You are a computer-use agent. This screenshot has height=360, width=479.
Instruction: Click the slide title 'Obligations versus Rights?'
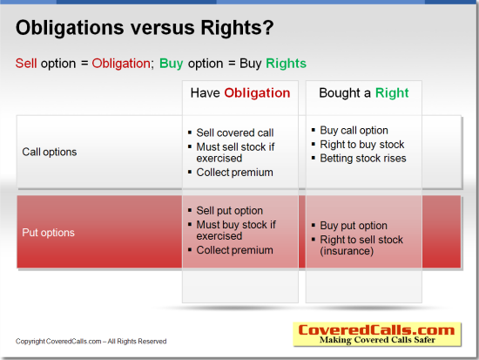(145, 28)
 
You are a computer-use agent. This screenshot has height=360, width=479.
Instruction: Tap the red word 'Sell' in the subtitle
(26, 64)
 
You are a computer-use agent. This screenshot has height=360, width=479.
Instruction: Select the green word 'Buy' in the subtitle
(171, 65)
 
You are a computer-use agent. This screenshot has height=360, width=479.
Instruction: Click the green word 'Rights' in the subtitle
(286, 65)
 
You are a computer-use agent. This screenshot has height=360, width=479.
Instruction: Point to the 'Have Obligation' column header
(240, 93)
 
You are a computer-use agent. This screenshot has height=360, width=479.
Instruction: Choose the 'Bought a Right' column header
(364, 93)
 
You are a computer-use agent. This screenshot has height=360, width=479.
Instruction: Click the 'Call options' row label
(50, 152)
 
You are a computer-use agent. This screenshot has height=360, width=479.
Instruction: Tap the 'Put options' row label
(48, 233)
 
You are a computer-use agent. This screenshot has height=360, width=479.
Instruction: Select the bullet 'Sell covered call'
(235, 132)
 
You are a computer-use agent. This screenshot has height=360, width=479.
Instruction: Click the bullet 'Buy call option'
(354, 131)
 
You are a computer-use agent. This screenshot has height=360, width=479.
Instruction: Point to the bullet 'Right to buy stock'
(362, 145)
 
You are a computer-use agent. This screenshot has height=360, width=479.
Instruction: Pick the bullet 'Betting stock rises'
(363, 158)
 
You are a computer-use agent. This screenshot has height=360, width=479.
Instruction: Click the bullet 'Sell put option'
(229, 211)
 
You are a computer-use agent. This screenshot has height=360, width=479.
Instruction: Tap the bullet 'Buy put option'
(354, 226)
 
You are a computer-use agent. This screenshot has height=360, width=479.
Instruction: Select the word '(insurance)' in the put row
(347, 251)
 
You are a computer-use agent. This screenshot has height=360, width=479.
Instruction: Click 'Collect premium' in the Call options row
(234, 173)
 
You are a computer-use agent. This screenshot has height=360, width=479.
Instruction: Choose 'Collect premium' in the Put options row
(234, 250)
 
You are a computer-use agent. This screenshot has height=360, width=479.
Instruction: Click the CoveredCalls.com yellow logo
(377, 334)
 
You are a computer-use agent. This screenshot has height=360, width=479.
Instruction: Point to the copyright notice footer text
(91, 342)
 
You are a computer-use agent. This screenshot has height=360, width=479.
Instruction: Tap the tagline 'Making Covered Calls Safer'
(377, 340)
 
